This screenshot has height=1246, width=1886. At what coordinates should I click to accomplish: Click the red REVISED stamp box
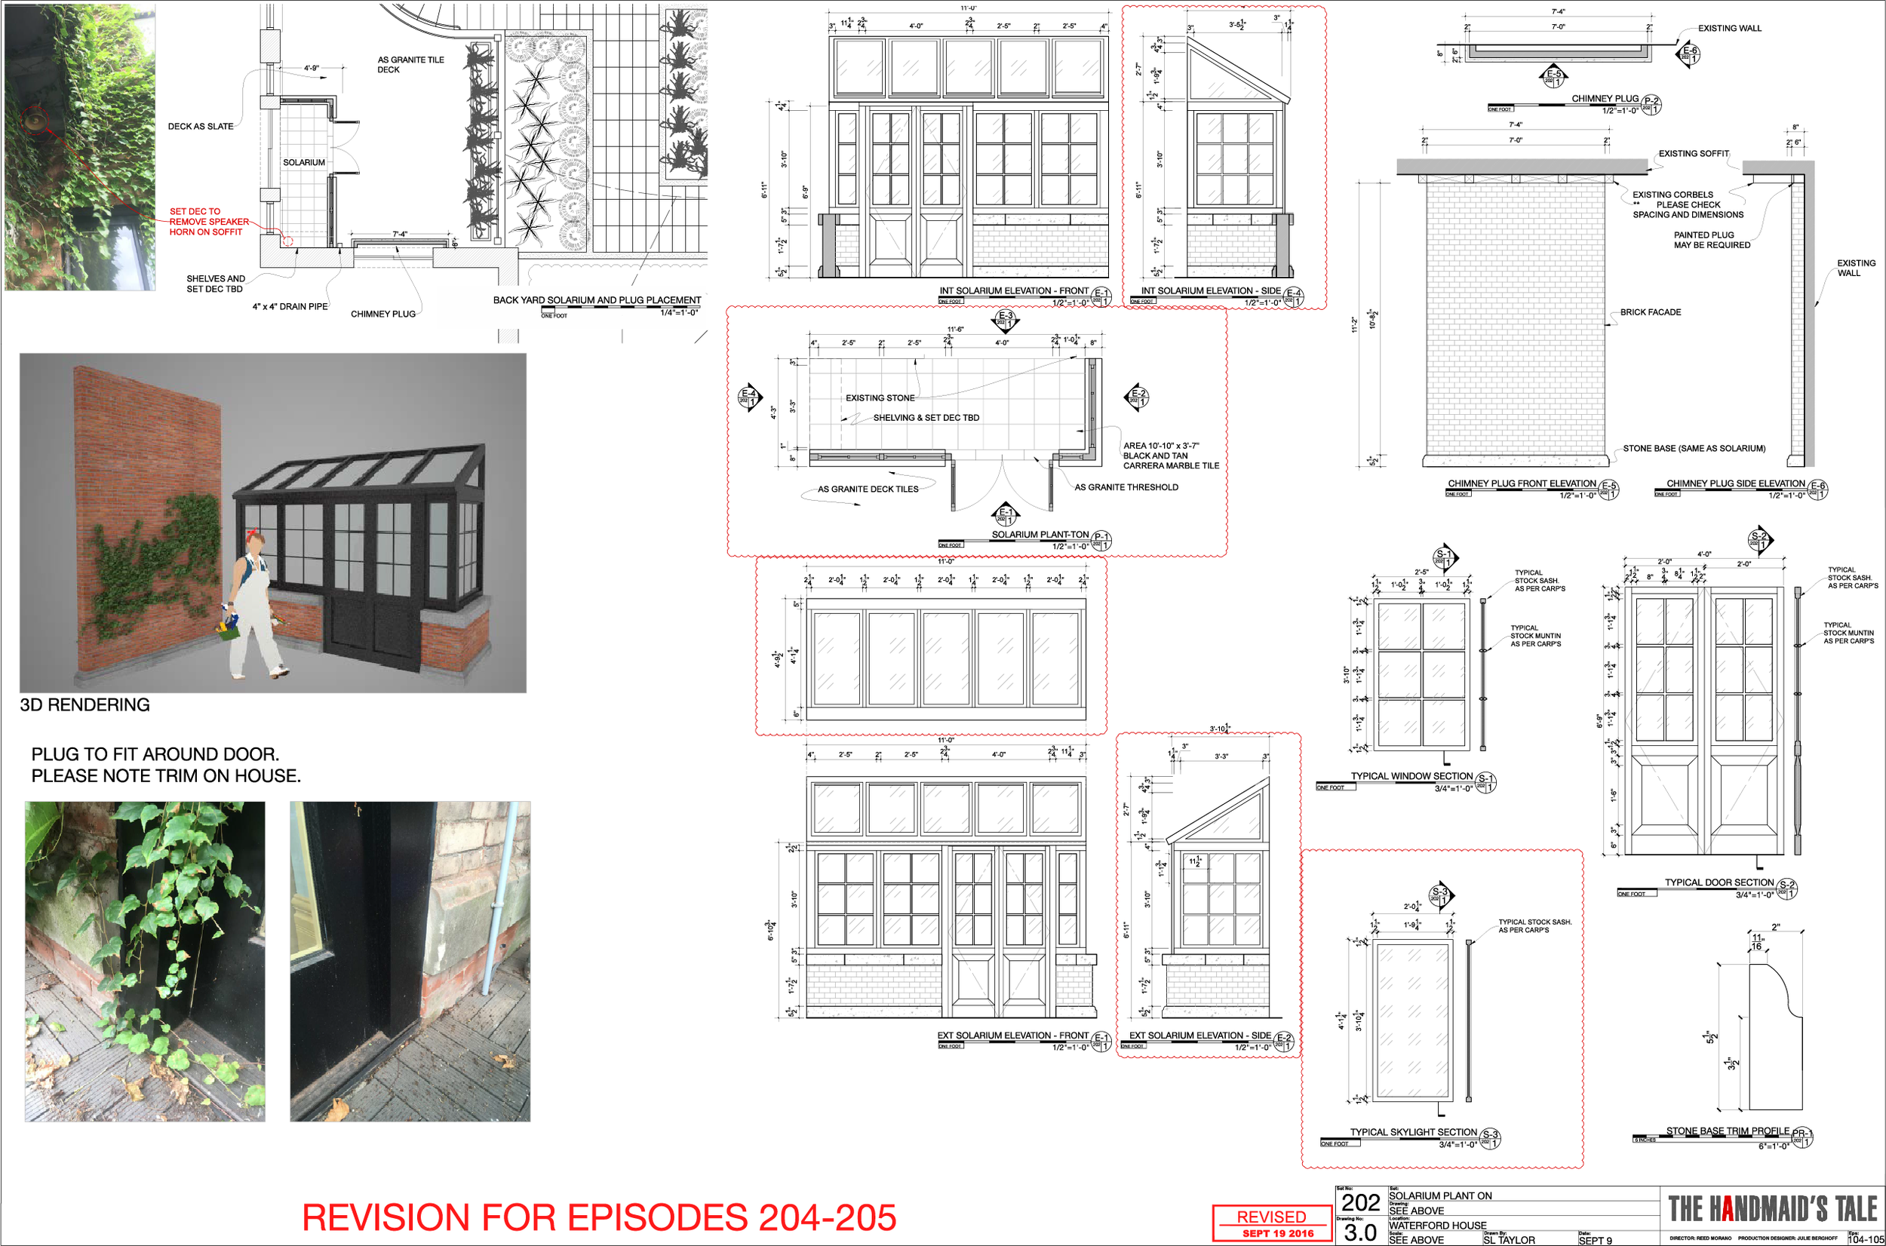(1272, 1222)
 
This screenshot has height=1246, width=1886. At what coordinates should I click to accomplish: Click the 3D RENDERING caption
(85, 705)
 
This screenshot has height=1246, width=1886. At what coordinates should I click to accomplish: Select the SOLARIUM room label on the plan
(303, 162)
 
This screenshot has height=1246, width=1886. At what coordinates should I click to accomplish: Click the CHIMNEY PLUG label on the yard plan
(383, 314)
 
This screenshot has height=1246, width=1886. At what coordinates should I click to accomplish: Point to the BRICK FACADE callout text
(1651, 312)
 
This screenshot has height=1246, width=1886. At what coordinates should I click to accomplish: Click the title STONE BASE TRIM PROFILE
(1728, 1131)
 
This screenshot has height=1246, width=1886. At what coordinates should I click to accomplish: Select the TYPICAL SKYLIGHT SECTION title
(1413, 1132)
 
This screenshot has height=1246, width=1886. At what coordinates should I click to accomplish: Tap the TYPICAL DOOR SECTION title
(1719, 882)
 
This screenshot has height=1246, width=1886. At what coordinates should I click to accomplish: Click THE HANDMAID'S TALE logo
(1773, 1208)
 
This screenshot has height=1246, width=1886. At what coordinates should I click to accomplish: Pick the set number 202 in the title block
(1361, 1203)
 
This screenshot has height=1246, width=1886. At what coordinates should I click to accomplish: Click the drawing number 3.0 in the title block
(1361, 1232)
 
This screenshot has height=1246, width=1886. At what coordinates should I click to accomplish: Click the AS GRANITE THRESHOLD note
(1126, 487)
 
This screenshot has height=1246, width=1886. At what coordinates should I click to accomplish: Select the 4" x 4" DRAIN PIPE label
(290, 307)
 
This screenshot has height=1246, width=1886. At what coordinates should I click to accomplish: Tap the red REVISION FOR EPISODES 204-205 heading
(599, 1217)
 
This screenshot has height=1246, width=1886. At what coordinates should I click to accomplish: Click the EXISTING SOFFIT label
(1693, 153)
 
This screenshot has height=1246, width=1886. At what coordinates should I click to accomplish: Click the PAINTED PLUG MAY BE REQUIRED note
(1712, 240)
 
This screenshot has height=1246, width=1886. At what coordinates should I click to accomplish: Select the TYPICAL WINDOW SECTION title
(1411, 776)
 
